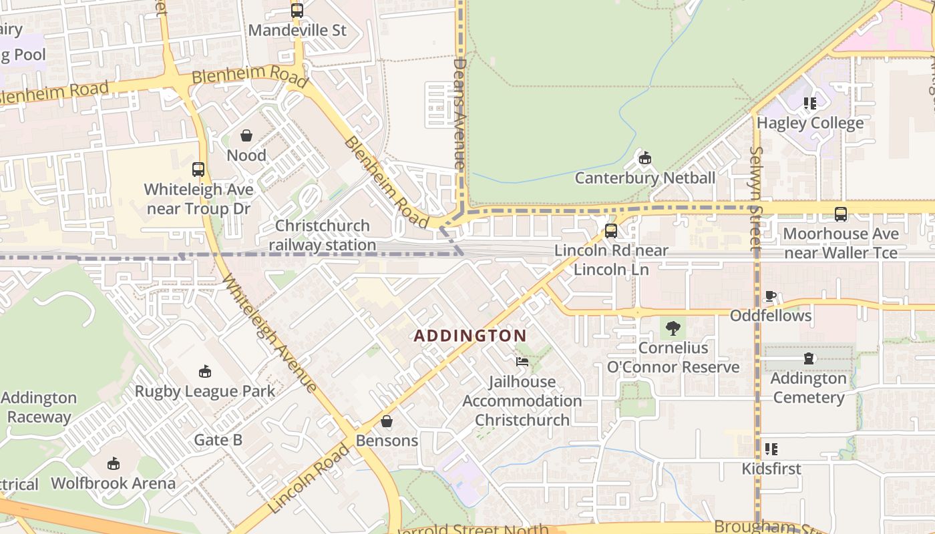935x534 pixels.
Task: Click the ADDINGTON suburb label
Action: pos(470,336)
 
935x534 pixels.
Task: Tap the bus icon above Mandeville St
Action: pos(297,11)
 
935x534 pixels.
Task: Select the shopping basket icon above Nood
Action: pos(246,136)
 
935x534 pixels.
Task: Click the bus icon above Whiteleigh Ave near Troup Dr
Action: pos(198,170)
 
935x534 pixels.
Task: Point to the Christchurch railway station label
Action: pos(323,236)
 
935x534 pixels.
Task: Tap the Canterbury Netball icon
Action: pos(644,158)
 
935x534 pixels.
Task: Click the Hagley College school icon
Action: pos(809,103)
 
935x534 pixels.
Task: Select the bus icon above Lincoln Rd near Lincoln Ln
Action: pos(610,231)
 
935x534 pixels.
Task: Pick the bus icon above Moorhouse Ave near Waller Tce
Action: pos(840,214)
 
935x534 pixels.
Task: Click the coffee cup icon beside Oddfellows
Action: pos(770,296)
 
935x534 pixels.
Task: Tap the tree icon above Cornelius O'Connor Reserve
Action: pos(673,328)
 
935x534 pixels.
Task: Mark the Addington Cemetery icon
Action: pos(809,359)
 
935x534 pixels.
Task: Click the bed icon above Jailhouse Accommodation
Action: pos(522,362)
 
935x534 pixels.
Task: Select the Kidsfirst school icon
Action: pos(771,449)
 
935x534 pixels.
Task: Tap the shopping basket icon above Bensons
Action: pos(387,421)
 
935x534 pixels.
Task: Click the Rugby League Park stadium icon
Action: pos(204,371)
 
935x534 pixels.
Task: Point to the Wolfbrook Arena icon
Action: pos(113,463)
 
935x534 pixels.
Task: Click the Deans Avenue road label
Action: pos(459,113)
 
